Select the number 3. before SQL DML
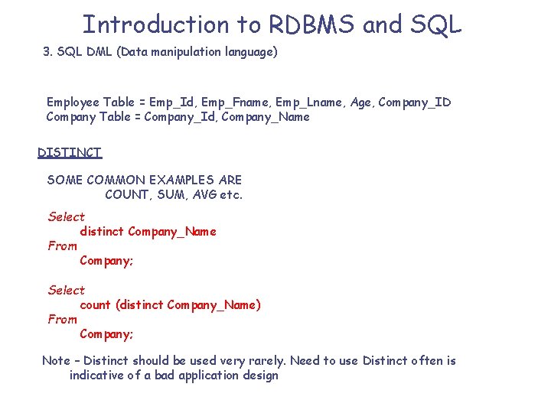tap(48, 52)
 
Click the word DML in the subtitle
tap(98, 52)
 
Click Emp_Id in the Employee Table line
tap(171, 102)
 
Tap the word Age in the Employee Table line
tap(361, 102)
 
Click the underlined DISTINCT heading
tap(70, 152)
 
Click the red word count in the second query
tap(96, 304)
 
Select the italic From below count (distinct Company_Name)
tap(63, 319)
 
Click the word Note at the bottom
tap(56, 360)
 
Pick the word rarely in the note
tap(266, 360)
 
